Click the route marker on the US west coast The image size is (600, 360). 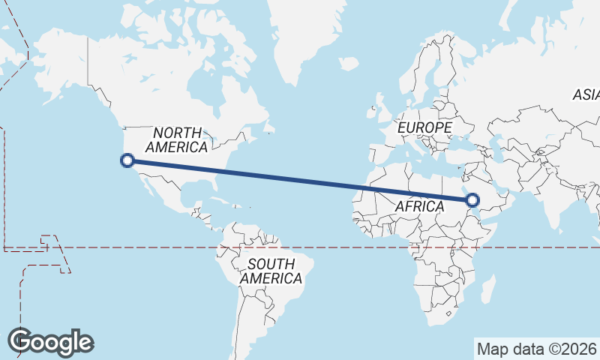point(127,160)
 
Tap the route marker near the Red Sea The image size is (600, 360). point(472,200)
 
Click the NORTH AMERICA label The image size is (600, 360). point(177,139)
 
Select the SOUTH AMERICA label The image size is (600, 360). point(271,271)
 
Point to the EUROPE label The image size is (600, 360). point(424,128)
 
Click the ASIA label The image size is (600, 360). point(586,95)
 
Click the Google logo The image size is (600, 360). point(50,341)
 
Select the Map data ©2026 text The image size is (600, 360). point(536,349)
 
